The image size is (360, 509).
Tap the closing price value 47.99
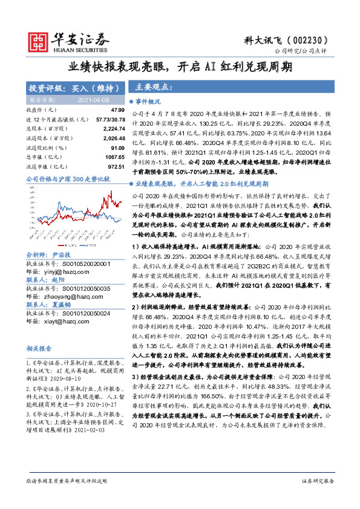coord(117,109)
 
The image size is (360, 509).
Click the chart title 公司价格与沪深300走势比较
coord(68,180)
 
